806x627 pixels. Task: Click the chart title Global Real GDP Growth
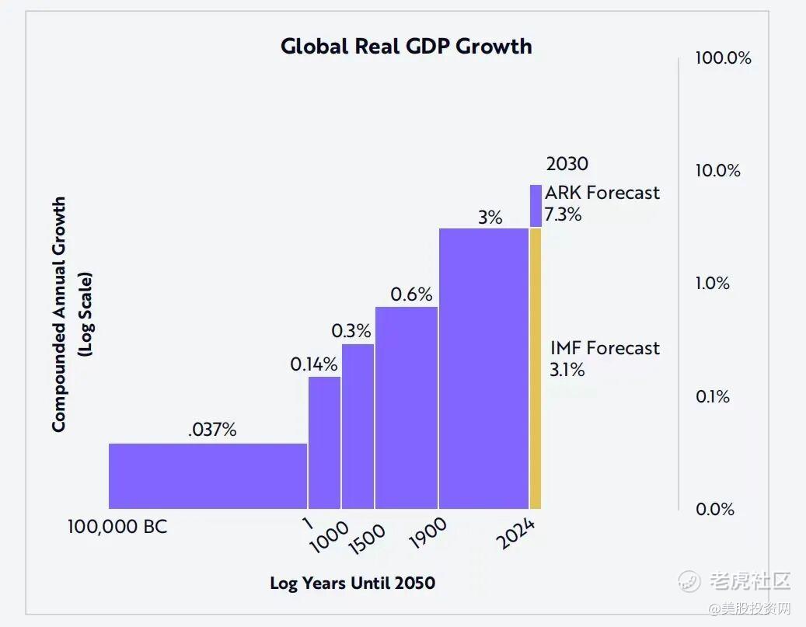[406, 46]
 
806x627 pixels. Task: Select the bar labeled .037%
[208, 475]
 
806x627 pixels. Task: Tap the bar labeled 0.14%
[324, 442]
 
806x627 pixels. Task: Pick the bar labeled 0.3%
[358, 426]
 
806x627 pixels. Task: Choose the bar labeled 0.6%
[406, 407]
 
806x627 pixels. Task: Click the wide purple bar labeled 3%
[483, 368]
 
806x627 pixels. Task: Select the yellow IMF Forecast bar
[536, 368]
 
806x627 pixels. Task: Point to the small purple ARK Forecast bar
[536, 206]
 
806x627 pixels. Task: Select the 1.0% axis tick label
[713, 284]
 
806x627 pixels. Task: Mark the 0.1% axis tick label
[713, 396]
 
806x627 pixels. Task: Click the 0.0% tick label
[714, 509]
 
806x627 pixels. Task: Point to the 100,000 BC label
[117, 528]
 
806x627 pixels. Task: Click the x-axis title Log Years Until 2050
[353, 583]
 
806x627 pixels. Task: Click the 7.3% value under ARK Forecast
[563, 214]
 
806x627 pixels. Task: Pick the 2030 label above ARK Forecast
[567, 164]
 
